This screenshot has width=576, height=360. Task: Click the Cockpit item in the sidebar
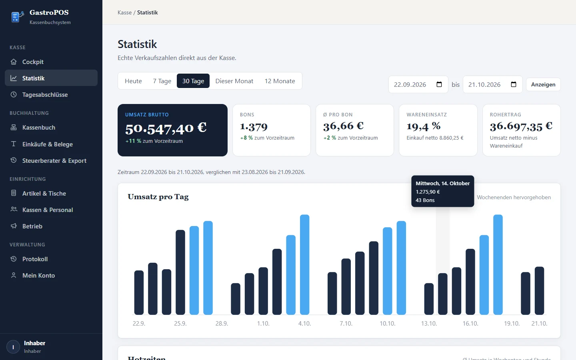point(33,62)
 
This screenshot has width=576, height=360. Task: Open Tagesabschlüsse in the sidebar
point(45,95)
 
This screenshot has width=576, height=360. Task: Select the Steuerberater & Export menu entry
point(54,160)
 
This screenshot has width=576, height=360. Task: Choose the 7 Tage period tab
point(162,81)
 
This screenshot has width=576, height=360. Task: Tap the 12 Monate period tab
point(280,81)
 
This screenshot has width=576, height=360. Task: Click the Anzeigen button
point(543,84)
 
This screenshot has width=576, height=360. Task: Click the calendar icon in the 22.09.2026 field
point(439,84)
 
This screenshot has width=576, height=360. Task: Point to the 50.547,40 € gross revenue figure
point(166,128)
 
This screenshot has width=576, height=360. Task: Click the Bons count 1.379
point(254,126)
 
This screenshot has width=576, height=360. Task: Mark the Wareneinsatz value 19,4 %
point(424,126)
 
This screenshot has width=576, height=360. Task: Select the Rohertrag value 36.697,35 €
point(521,126)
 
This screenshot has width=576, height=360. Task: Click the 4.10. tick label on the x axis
point(304,324)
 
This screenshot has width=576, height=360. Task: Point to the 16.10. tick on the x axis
point(470,324)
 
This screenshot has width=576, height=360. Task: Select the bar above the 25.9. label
point(180,272)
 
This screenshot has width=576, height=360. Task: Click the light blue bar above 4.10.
point(304,265)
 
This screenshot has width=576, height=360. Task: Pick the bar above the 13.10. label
point(429,299)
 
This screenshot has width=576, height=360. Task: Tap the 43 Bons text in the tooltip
point(425,200)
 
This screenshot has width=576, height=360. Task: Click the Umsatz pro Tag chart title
point(158,197)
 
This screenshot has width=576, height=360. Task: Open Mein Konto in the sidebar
point(38,275)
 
